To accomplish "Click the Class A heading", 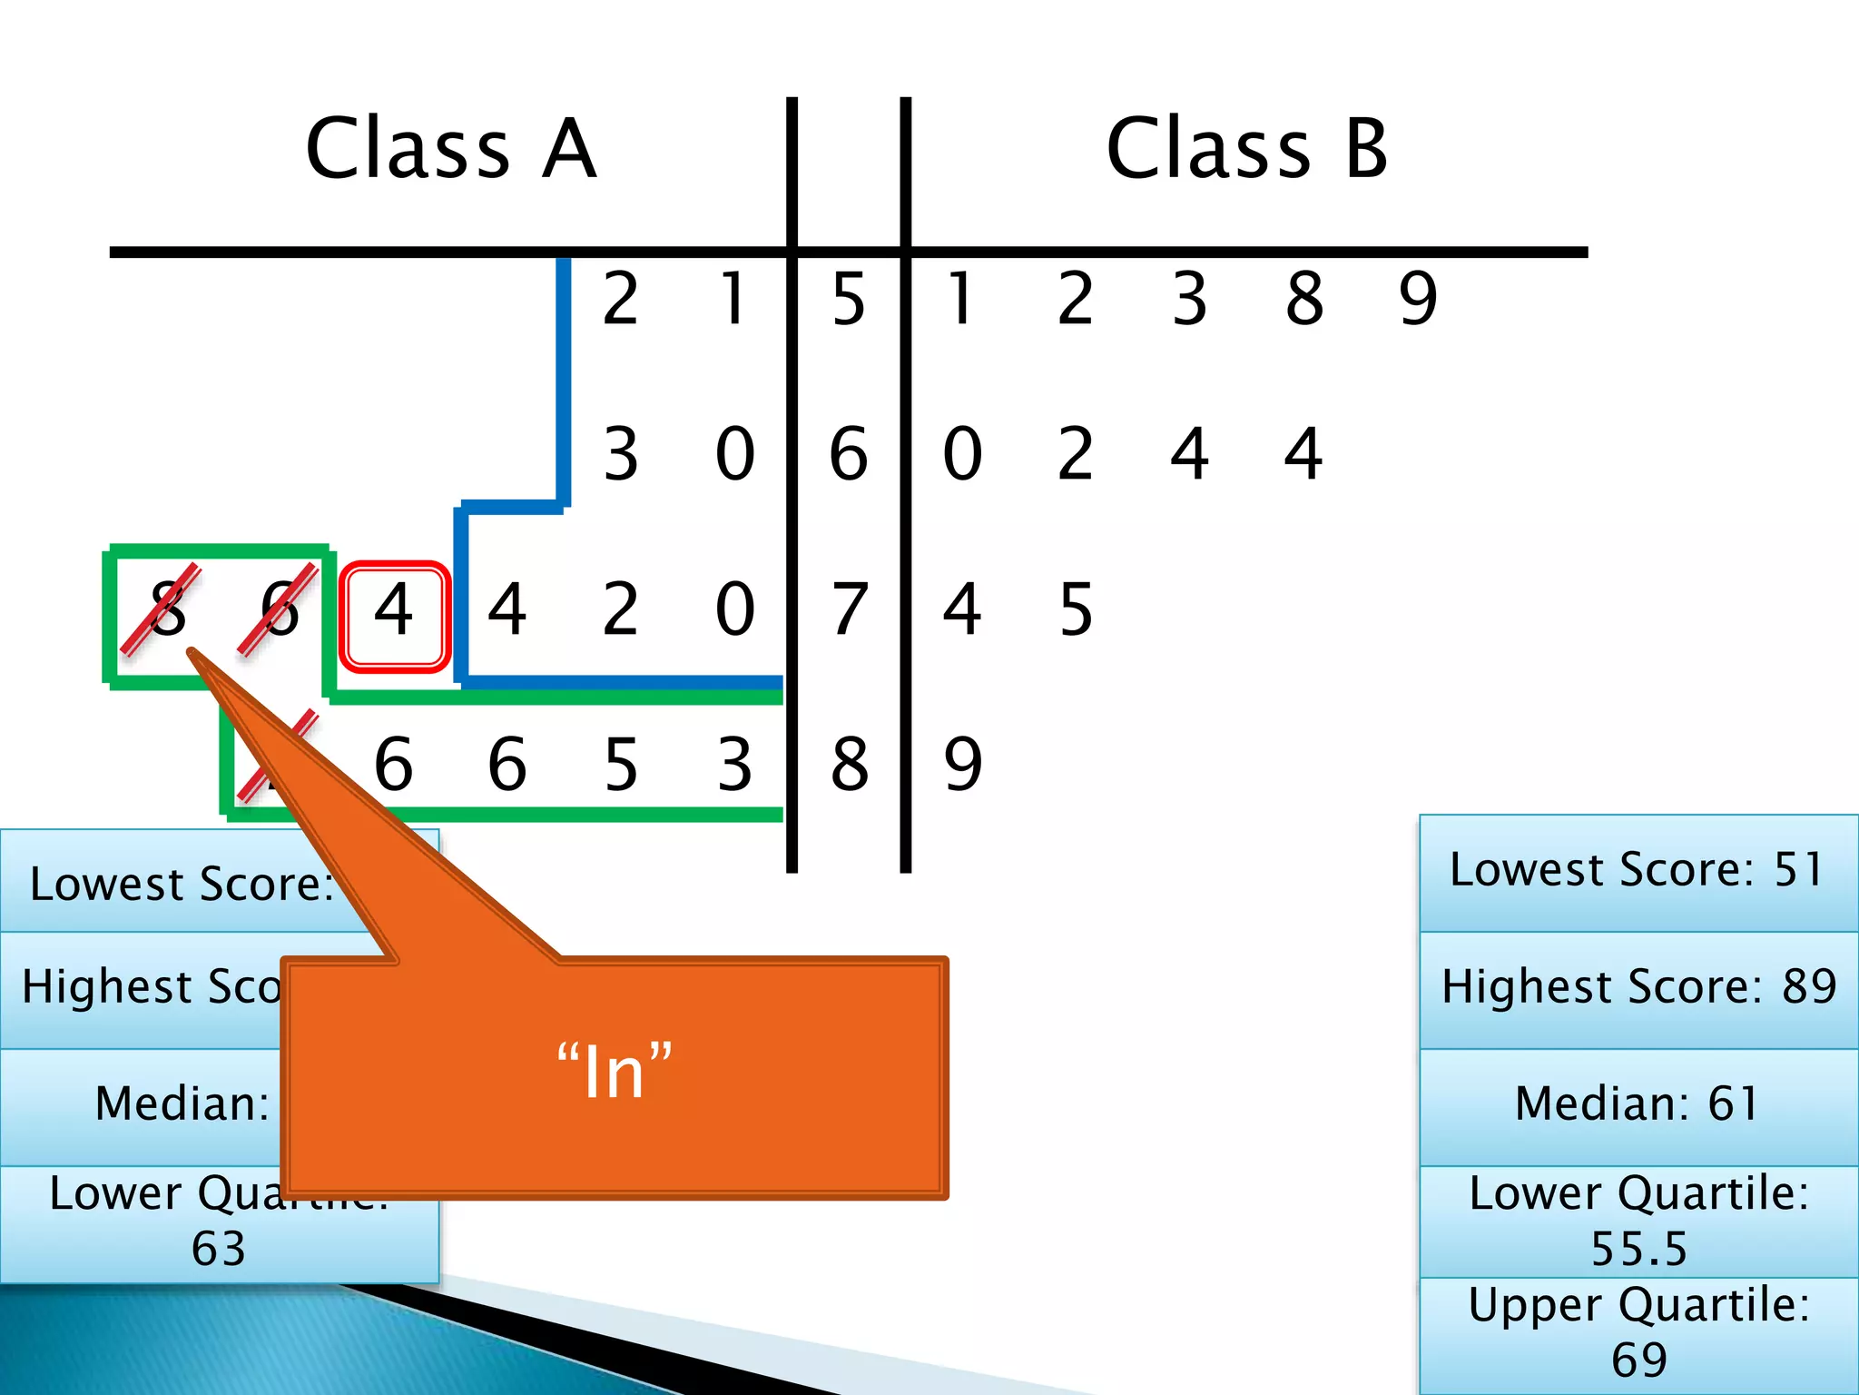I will [x=451, y=149].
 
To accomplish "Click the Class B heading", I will [x=1247, y=149].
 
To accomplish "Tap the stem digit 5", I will [x=849, y=299].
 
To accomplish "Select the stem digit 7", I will [x=849, y=609].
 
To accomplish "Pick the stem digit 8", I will [x=849, y=765].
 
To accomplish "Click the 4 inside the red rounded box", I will [x=394, y=609].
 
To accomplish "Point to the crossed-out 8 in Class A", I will [x=167, y=609].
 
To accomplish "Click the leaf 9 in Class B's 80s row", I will [x=963, y=765].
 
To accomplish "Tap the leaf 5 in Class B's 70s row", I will [x=1077, y=609].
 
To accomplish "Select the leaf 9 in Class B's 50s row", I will [x=1418, y=299].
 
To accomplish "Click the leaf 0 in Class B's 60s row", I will [x=962, y=454].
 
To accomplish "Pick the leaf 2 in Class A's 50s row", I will [x=621, y=299].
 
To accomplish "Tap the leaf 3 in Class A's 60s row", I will [x=621, y=454].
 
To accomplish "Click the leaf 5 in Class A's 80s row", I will [x=621, y=765].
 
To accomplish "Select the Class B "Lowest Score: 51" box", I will [x=1637, y=870].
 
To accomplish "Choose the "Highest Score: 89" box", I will [x=1638, y=987].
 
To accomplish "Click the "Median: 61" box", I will [x=1637, y=1104].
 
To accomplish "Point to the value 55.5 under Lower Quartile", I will [x=1638, y=1249].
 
